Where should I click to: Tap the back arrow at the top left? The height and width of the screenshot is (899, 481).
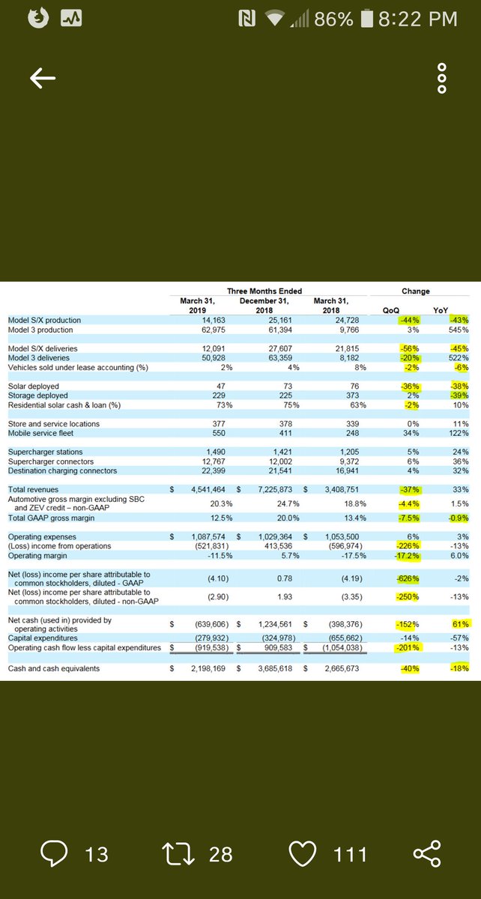pos(43,77)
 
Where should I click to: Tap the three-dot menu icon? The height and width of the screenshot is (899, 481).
pos(442,78)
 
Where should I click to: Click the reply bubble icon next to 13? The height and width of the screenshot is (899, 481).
pos(55,853)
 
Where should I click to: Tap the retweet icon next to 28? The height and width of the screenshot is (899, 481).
pos(179,853)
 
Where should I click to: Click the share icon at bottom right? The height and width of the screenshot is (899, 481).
pos(427,853)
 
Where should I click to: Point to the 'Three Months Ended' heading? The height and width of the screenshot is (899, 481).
pos(265,291)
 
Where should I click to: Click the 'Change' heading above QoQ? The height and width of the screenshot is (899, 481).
pos(416,291)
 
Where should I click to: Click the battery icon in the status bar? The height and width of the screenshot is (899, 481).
pos(366,19)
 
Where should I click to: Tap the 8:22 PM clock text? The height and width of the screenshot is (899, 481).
pos(417,19)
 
